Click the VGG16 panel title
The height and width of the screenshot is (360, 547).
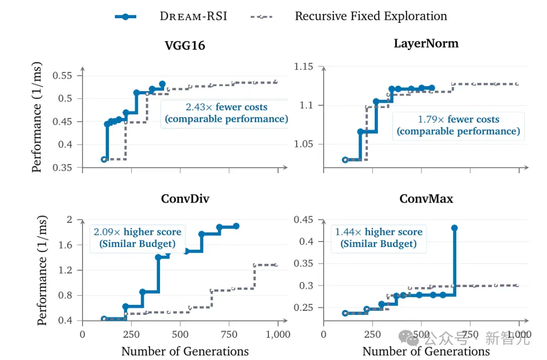coord(185,46)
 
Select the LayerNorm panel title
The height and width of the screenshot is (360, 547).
coord(426,44)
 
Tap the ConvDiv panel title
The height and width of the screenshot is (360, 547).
coord(185,199)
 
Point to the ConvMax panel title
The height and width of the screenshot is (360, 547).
coord(426,199)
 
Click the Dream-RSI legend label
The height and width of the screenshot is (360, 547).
coord(193,16)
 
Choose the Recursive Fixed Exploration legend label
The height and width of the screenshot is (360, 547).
coord(371,16)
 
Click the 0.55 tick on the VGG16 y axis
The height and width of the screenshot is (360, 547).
coord(62,75)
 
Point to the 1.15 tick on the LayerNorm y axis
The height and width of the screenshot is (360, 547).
coord(303,66)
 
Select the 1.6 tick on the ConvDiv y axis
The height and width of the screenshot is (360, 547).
coord(65,245)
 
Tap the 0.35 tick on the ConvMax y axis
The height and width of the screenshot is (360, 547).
coord(303,263)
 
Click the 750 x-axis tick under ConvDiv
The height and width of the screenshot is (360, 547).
coord(229,335)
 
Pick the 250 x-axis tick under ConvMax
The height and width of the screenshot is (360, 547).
coord(373,335)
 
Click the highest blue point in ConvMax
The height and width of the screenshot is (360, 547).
coord(454,228)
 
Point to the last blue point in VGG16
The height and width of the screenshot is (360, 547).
coord(162,84)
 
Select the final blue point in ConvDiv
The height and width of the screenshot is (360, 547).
coord(236,226)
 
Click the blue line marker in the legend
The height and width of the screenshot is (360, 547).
coord(126,16)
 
